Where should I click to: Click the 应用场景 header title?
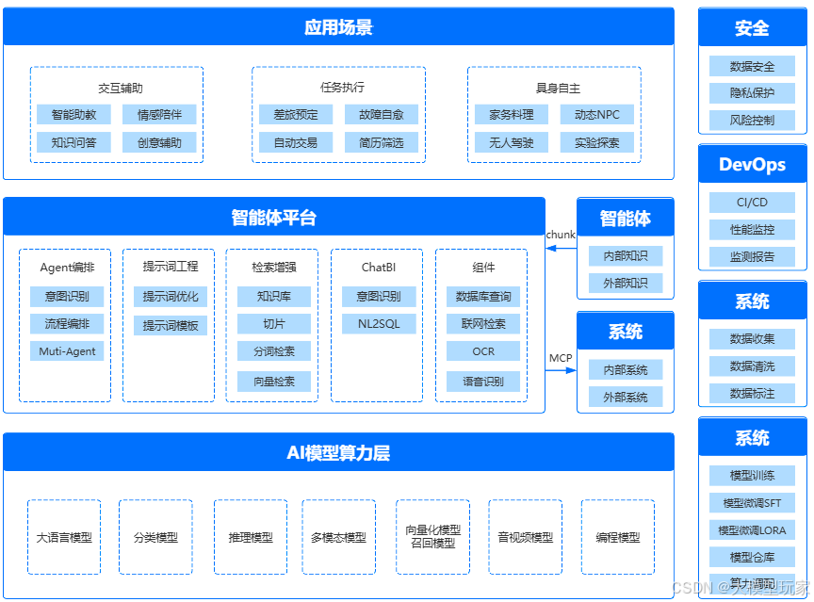(x=338, y=27)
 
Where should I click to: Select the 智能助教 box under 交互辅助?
(x=73, y=115)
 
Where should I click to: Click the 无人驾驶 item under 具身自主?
(x=511, y=143)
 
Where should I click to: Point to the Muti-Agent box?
(x=67, y=351)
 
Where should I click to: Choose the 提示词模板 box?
(x=171, y=326)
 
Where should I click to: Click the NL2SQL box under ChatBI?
(x=378, y=324)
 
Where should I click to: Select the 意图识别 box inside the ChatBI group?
(x=378, y=297)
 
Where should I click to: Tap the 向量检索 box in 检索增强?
(x=273, y=382)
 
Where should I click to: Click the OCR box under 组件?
(x=482, y=351)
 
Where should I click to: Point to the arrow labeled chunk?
(x=562, y=248)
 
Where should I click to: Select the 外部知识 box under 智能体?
(x=625, y=284)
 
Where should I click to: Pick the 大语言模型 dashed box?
(x=64, y=537)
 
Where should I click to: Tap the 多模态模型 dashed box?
(x=338, y=537)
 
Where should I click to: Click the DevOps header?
(x=752, y=165)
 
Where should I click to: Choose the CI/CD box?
(x=752, y=203)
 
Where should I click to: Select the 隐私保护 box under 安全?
(x=752, y=93)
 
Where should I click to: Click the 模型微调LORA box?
(x=752, y=529)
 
